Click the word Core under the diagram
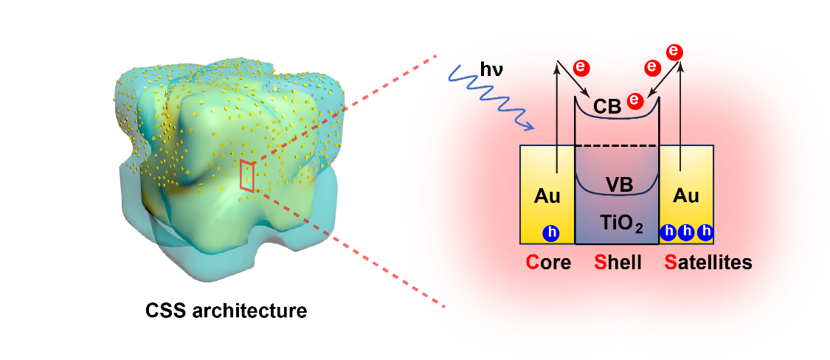click(x=548, y=262)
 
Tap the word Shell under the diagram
click(x=619, y=262)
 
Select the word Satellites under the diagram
click(x=708, y=262)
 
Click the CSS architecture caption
click(x=226, y=311)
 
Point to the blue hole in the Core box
click(x=550, y=232)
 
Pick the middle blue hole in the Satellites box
click(x=687, y=232)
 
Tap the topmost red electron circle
click(x=674, y=52)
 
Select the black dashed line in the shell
click(x=616, y=146)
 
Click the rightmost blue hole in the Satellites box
click(x=705, y=232)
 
